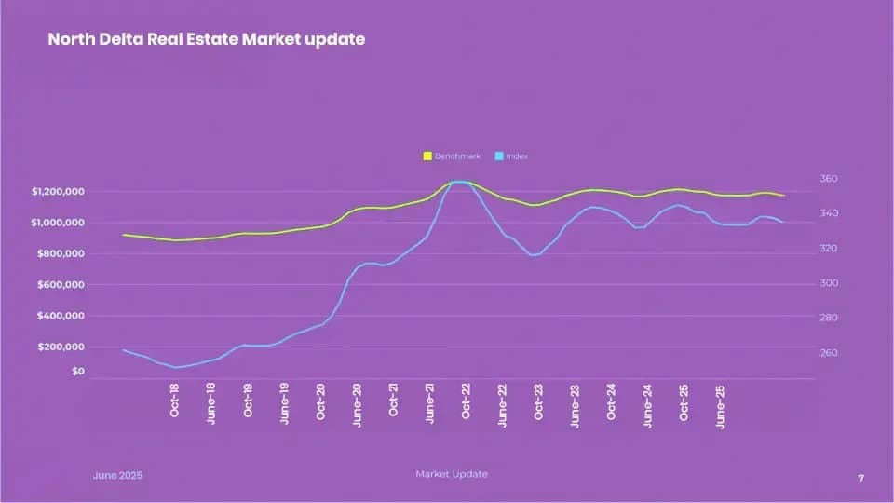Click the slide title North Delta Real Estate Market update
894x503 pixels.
coord(206,40)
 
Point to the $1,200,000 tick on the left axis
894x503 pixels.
coord(59,192)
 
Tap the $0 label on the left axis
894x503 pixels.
coord(77,372)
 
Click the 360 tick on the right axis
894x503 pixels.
coord(830,178)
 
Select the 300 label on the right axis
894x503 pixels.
coord(830,283)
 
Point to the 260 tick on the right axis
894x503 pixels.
coord(830,353)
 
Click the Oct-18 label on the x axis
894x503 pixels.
coord(175,400)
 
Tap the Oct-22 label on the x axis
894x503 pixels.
coord(467,400)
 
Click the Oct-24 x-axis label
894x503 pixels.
coord(612,400)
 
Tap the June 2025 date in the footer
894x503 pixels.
coord(118,475)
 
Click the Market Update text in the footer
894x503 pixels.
coord(451,474)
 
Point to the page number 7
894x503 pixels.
coord(860,478)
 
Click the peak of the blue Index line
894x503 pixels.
coord(458,182)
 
